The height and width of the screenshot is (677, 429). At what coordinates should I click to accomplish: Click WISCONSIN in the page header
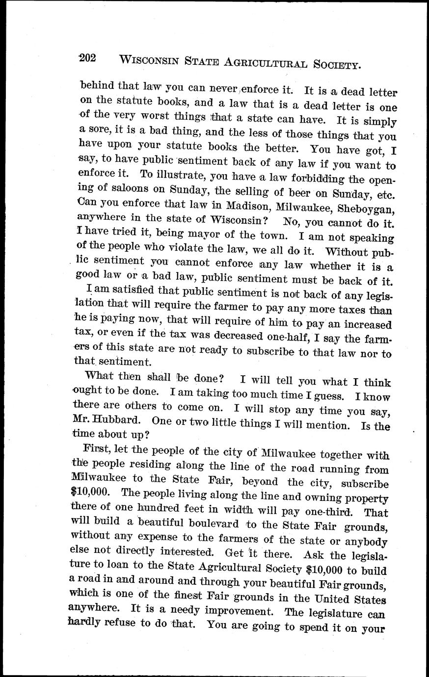[148, 61]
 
